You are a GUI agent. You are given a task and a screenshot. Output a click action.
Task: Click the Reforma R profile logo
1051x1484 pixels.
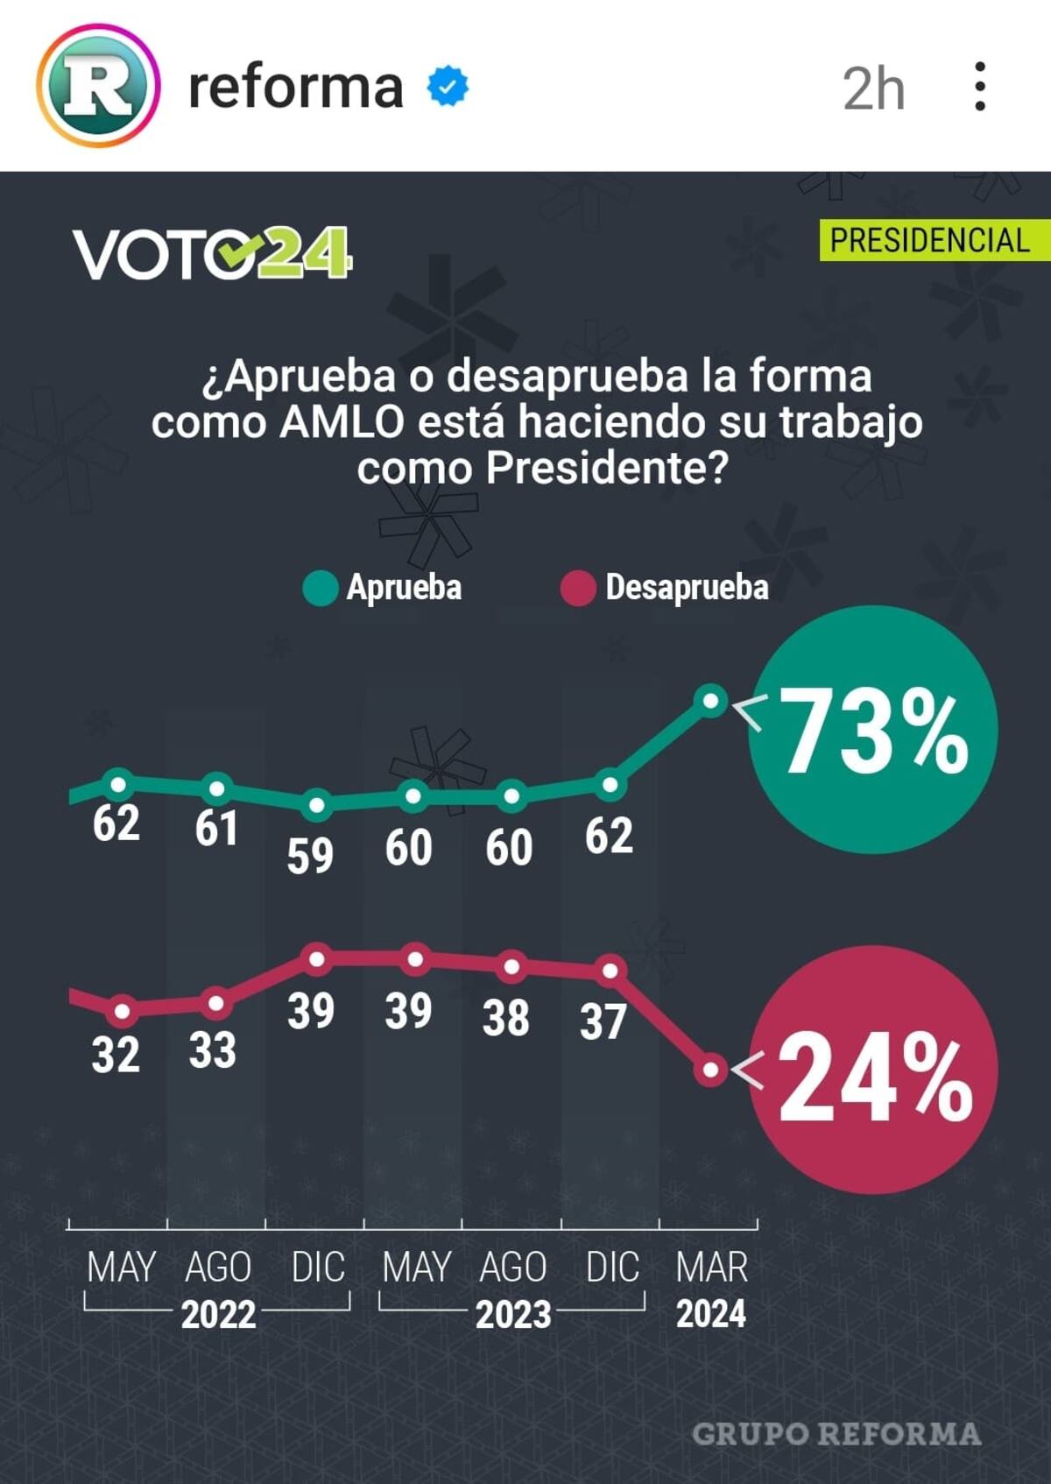tap(98, 86)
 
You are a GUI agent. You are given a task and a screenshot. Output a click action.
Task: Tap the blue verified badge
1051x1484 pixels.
tap(448, 86)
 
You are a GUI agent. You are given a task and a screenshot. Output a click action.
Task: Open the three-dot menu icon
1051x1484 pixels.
tap(980, 86)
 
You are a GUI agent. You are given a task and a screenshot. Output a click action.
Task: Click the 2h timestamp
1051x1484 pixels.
tap(873, 88)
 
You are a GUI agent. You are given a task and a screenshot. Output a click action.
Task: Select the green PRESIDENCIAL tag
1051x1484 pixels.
tap(930, 240)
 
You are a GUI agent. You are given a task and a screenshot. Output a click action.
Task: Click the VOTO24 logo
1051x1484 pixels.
tap(212, 254)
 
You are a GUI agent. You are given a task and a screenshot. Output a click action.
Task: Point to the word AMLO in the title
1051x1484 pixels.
tap(342, 422)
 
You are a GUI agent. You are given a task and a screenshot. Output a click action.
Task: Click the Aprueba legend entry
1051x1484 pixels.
tap(383, 588)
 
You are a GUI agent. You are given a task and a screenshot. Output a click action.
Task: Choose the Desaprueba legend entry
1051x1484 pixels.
tap(665, 588)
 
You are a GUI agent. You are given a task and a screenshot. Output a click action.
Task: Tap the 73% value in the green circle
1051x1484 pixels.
tap(873, 731)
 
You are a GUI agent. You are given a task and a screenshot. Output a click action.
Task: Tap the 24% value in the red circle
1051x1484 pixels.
tap(873, 1077)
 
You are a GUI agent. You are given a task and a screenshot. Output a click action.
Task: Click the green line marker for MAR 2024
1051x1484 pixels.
tap(710, 701)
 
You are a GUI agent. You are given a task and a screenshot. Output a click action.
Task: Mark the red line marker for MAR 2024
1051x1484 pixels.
tap(710, 1071)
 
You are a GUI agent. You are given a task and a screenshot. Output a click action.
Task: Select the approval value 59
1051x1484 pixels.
tap(310, 855)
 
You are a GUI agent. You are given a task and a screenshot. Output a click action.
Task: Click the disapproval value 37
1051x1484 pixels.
tap(603, 1021)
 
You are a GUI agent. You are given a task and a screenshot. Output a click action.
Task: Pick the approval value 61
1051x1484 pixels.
tap(215, 828)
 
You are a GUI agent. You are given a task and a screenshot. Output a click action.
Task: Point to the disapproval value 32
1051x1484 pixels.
tap(116, 1054)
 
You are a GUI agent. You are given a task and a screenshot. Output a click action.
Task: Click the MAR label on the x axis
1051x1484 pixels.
tap(711, 1268)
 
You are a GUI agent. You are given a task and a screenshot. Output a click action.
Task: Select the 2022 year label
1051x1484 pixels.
tap(218, 1314)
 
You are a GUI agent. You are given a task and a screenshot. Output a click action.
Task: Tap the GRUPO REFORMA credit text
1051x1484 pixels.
tap(836, 1434)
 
